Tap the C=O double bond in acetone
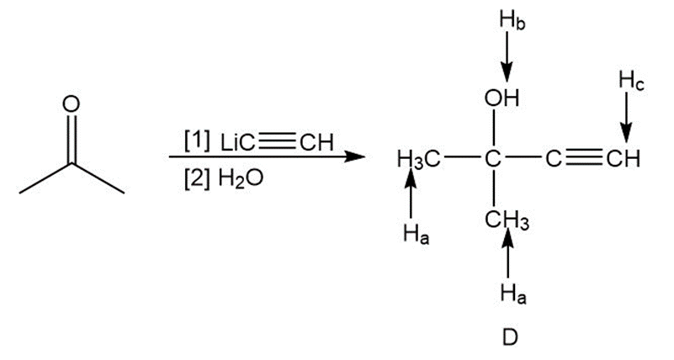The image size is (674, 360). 72,139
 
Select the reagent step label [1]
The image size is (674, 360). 197,139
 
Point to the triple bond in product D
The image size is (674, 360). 584,157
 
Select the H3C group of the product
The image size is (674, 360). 417,159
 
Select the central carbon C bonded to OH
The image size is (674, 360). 494,158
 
